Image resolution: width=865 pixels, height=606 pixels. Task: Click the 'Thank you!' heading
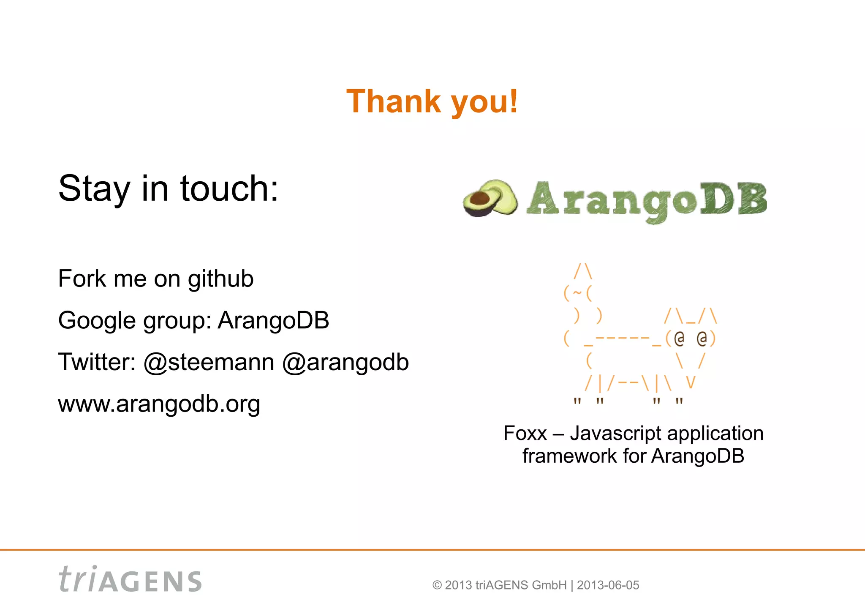click(432, 101)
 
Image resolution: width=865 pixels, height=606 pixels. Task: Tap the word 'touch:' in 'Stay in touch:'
click(229, 188)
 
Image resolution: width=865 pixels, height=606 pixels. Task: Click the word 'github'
click(220, 279)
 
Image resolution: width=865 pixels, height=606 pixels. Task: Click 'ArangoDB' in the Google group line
click(273, 320)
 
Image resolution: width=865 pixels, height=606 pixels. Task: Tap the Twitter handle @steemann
click(209, 362)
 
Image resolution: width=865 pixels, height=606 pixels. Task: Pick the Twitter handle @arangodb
click(345, 362)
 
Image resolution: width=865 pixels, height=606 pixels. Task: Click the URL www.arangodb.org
click(159, 404)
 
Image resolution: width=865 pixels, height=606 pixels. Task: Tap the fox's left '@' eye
click(679, 338)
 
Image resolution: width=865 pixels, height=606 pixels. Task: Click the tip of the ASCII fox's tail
click(583, 270)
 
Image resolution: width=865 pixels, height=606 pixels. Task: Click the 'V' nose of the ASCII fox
click(690, 382)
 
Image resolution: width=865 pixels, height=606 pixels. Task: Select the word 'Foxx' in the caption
click(525, 434)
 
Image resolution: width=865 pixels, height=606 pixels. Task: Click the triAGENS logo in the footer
click(130, 579)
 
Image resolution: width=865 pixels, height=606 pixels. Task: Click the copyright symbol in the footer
click(437, 585)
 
